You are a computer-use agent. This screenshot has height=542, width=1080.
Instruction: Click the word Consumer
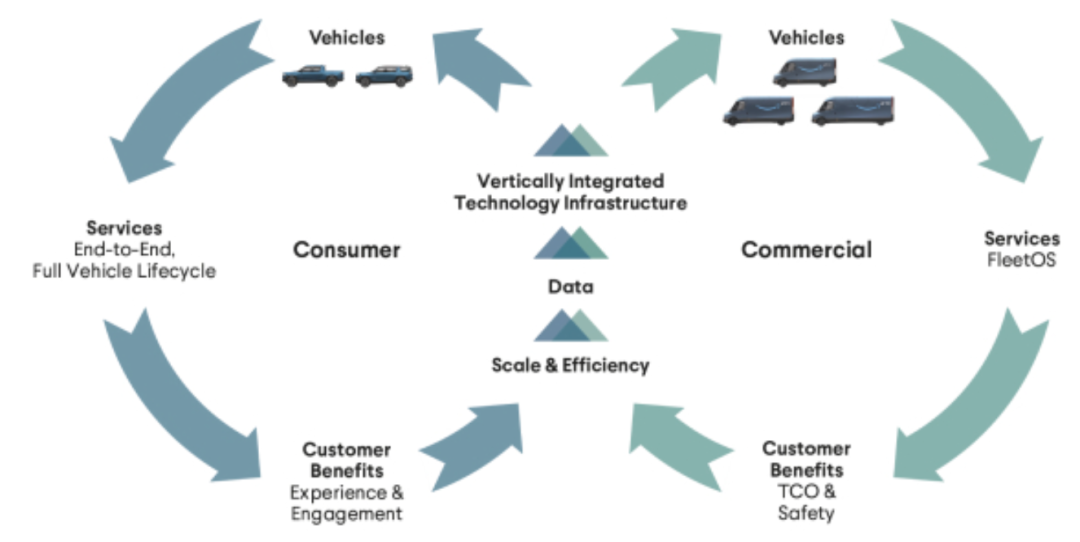click(346, 249)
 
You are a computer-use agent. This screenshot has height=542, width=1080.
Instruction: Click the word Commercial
click(806, 249)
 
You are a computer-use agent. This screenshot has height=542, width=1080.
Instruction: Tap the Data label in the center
click(570, 287)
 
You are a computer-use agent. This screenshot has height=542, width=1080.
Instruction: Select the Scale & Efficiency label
click(570, 365)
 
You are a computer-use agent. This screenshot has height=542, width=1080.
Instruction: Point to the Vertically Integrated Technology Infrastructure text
click(570, 192)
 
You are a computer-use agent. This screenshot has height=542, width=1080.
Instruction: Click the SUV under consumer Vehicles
click(383, 76)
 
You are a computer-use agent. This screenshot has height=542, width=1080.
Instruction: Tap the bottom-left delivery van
click(758, 110)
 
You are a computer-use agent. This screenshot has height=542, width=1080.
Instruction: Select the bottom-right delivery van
click(852, 110)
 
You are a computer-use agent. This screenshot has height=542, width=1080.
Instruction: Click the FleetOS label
click(1021, 258)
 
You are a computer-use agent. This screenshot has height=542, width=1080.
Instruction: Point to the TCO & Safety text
click(806, 503)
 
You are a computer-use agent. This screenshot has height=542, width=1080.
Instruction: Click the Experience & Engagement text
click(346, 503)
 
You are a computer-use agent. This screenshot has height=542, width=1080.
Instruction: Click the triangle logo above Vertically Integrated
click(570, 141)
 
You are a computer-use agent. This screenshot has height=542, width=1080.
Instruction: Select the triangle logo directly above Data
click(570, 243)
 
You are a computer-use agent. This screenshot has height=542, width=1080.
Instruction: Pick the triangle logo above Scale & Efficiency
click(570, 325)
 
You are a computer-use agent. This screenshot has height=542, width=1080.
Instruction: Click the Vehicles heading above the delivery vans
click(806, 38)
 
